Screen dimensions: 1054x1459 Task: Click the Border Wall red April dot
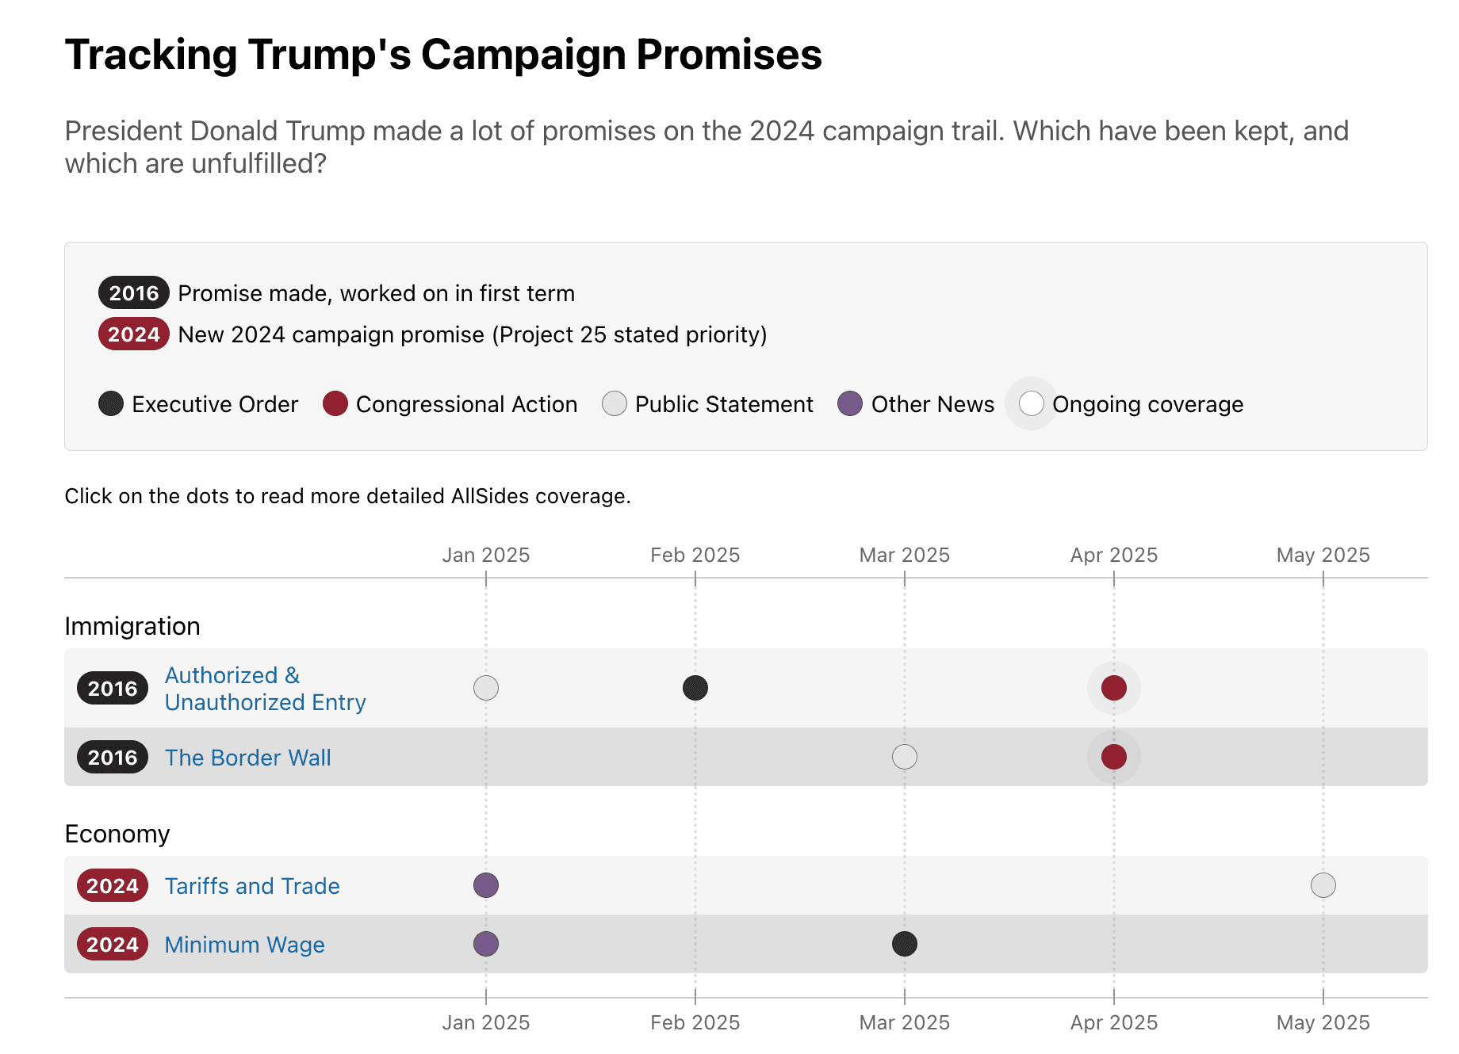click(1113, 757)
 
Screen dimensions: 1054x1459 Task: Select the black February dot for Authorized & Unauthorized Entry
click(695, 687)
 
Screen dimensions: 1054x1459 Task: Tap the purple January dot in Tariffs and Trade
click(485, 885)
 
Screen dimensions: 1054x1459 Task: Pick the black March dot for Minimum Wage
click(904, 944)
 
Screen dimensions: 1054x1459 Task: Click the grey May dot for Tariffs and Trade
click(1323, 885)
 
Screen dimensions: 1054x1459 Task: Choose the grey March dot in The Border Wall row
click(904, 757)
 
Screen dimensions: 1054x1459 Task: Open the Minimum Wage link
click(244, 945)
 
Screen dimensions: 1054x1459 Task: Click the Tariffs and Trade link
click(252, 886)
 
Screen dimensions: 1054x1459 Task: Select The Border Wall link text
click(247, 758)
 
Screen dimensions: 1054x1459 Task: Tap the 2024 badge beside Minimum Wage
click(113, 945)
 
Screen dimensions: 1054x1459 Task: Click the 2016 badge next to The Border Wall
click(113, 758)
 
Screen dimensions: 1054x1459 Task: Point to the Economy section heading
click(117, 834)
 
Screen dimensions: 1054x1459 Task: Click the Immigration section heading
click(132, 626)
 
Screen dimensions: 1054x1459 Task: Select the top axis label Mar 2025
click(904, 555)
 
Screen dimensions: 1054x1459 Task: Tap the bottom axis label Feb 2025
click(695, 1022)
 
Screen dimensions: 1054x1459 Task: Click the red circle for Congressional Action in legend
click(335, 403)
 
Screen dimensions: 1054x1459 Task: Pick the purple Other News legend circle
click(850, 403)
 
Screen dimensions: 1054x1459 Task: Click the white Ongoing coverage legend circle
click(1031, 403)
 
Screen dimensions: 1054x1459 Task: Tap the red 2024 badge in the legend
click(133, 334)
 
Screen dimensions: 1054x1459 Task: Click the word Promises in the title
click(729, 55)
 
